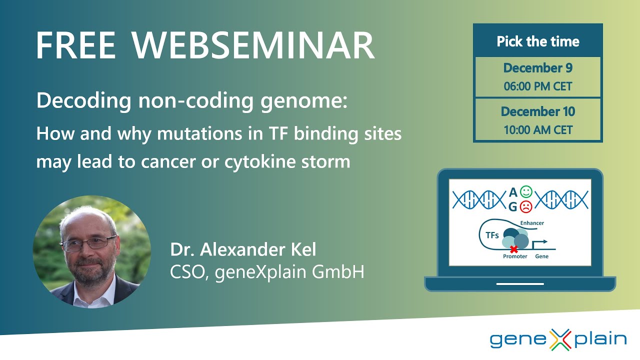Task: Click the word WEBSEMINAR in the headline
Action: pos(253,46)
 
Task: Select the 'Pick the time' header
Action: pos(538,41)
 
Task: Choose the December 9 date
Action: pos(538,68)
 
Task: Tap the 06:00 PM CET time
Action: pos(538,86)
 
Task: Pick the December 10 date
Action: pos(538,111)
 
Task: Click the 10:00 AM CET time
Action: pos(538,130)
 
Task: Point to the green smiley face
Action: pos(525,191)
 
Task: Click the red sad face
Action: pos(525,206)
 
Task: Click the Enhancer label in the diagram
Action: pos(532,223)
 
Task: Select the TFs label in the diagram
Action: pos(492,235)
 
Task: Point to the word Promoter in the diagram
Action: pos(515,256)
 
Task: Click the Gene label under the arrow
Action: pos(542,256)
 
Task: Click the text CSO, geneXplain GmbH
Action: pos(267,272)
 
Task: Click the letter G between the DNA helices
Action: pos(512,206)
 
